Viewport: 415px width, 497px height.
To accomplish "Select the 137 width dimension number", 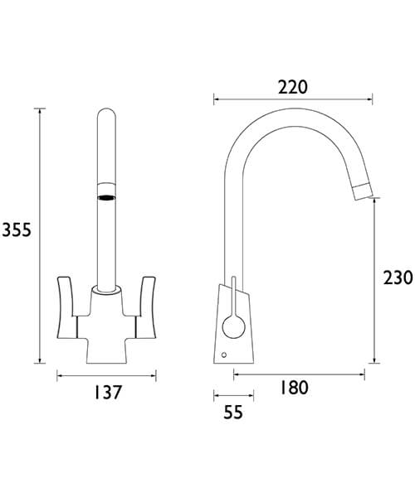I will click(x=106, y=393).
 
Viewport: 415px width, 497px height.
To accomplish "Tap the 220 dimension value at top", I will click(x=292, y=87).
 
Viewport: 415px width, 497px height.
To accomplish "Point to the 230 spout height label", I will click(x=397, y=278).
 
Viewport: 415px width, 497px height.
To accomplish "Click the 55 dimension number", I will click(x=233, y=412).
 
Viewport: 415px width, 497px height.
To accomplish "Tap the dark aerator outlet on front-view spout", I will click(x=106, y=197).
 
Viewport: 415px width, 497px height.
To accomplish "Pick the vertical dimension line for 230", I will click(x=375, y=282).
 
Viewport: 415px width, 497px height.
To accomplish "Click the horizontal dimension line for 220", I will click(x=292, y=99).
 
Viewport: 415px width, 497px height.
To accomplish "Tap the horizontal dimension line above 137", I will click(x=106, y=377).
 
